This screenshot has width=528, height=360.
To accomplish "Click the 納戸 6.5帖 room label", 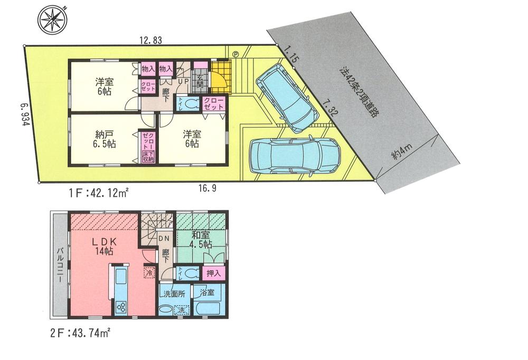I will coord(103,138).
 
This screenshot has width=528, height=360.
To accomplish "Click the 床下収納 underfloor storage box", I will coord(147,156).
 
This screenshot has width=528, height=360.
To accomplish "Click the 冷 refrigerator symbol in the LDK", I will coord(149,273).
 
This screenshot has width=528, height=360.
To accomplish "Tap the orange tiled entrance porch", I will coord(220,75).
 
